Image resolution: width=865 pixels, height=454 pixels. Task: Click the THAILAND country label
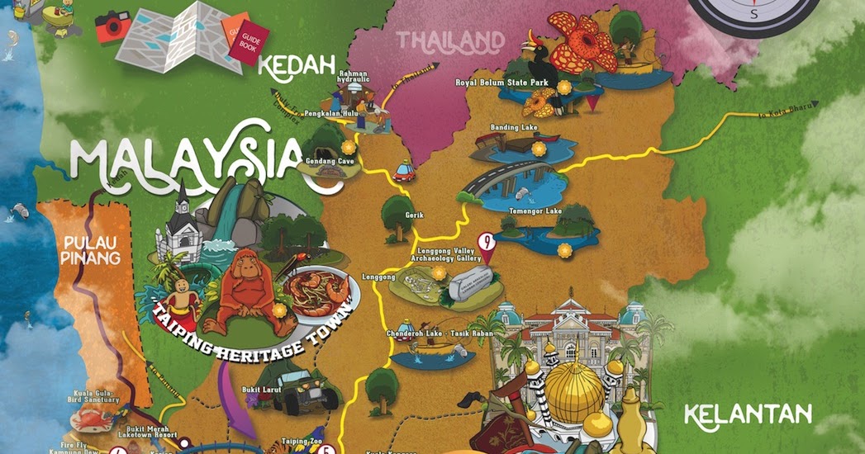(x=450, y=40)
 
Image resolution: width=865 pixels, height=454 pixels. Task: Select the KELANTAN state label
(x=749, y=413)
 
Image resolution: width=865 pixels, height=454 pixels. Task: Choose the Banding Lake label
(x=514, y=128)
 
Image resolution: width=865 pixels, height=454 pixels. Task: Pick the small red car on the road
(x=402, y=172)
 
